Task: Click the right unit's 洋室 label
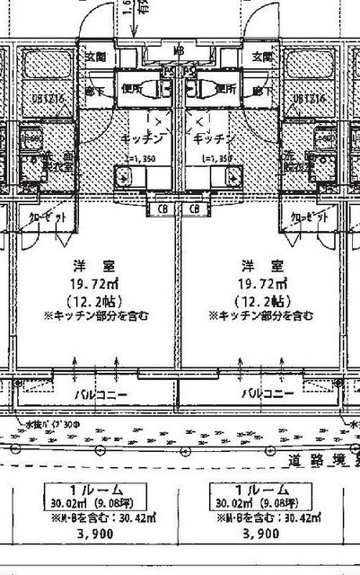[x=260, y=267]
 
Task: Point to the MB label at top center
[x=179, y=51]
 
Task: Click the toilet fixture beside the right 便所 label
[x=202, y=89]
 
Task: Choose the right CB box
[x=194, y=208]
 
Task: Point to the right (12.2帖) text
[x=260, y=300]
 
